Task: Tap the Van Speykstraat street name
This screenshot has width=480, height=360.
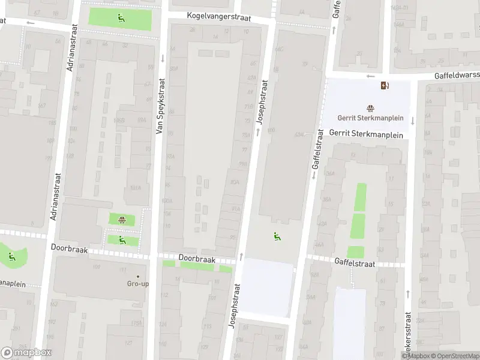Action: click(160, 106)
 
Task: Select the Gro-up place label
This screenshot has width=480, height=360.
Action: click(137, 284)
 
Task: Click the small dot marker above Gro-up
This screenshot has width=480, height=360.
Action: click(137, 276)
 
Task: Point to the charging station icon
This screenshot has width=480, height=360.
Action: click(384, 85)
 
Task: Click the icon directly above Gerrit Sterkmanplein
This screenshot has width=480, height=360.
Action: click(370, 109)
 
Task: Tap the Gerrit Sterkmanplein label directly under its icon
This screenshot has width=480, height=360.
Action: click(370, 118)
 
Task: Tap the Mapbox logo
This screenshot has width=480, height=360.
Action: click(26, 353)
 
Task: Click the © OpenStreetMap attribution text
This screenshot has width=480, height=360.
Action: click(455, 356)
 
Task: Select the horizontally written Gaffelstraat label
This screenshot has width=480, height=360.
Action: click(355, 262)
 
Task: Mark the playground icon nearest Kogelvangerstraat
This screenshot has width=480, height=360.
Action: click(121, 17)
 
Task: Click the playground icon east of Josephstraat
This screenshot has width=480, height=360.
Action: click(277, 236)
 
